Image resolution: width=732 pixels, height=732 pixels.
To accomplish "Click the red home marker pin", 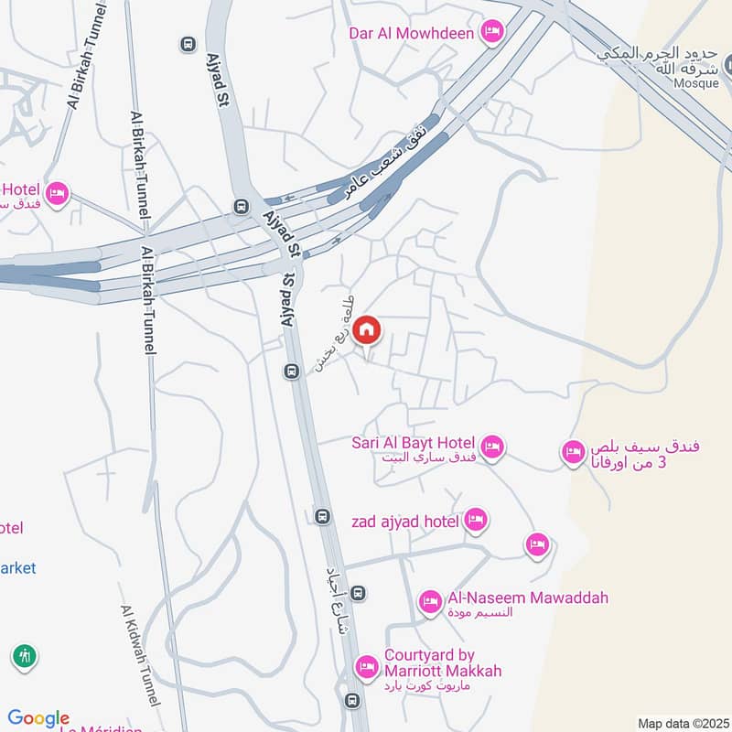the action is pyautogui.click(x=367, y=330).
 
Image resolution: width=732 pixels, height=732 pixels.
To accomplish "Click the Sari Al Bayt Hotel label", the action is pyautogui.click(x=412, y=444).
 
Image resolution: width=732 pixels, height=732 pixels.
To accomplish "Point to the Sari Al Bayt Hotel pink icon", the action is pyautogui.click(x=492, y=447).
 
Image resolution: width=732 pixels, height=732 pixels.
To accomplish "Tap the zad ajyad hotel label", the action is pyautogui.click(x=404, y=522).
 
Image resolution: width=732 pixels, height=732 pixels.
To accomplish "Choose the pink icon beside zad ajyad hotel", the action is pyautogui.click(x=476, y=521).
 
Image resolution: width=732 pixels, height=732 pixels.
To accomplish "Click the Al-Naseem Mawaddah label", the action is pyautogui.click(x=528, y=598).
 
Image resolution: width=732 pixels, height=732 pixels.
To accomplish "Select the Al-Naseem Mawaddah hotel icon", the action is pyautogui.click(x=430, y=601).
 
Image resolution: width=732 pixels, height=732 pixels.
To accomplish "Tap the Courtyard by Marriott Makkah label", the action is pyautogui.click(x=443, y=663).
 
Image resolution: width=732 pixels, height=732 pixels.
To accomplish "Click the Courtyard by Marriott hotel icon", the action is pyautogui.click(x=367, y=666).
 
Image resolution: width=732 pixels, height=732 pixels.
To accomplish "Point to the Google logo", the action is pyautogui.click(x=38, y=718).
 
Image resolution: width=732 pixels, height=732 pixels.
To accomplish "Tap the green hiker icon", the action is pyautogui.click(x=24, y=656).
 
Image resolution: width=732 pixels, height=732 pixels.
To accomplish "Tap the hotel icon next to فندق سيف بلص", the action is pyautogui.click(x=574, y=451).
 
